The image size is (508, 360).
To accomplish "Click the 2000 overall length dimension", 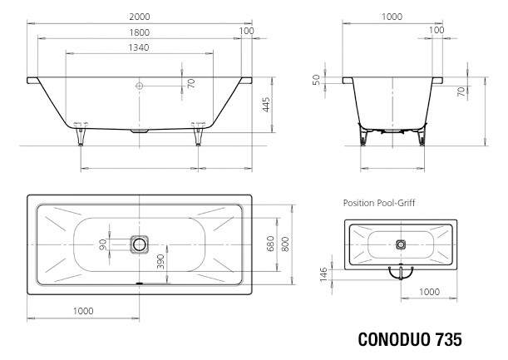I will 139,17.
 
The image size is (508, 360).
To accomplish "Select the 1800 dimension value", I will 139,32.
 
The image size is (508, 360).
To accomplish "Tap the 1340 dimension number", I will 139,47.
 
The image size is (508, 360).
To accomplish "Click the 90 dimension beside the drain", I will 104,244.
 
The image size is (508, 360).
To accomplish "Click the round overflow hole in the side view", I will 139,85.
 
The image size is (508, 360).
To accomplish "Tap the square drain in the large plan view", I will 140,244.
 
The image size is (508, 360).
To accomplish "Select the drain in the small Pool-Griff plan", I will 400,244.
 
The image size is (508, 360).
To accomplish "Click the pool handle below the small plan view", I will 400,271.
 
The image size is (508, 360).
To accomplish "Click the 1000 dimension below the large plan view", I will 81,309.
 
